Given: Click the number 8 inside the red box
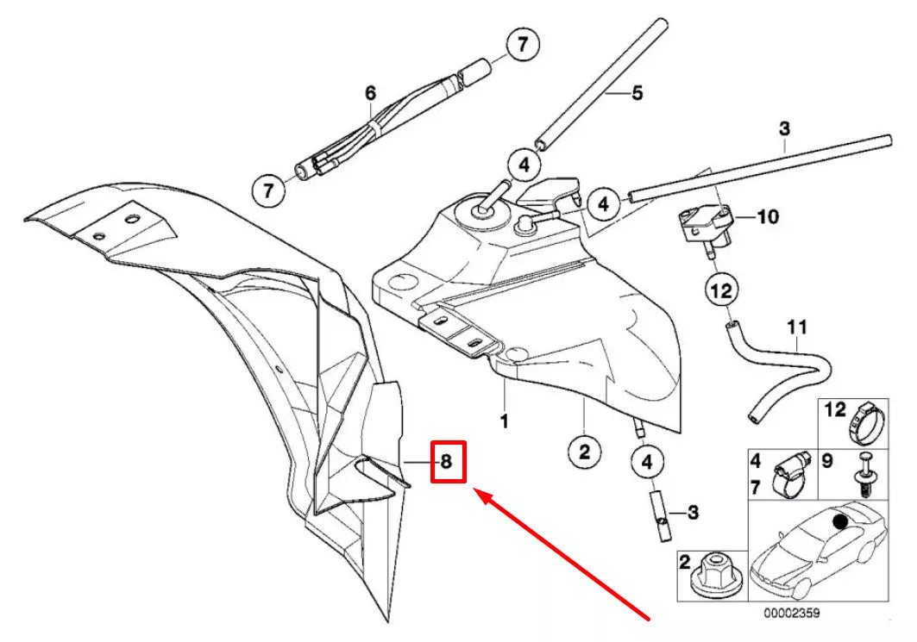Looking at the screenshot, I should click(x=446, y=462).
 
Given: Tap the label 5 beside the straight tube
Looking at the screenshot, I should click(x=637, y=93).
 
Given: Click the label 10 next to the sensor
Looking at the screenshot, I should click(x=768, y=215).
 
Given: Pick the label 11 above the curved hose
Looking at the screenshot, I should click(x=796, y=327).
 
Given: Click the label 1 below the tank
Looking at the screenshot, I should click(x=504, y=422).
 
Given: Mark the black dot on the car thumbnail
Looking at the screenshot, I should click(x=839, y=520).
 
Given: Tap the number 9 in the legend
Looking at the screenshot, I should click(x=826, y=461).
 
